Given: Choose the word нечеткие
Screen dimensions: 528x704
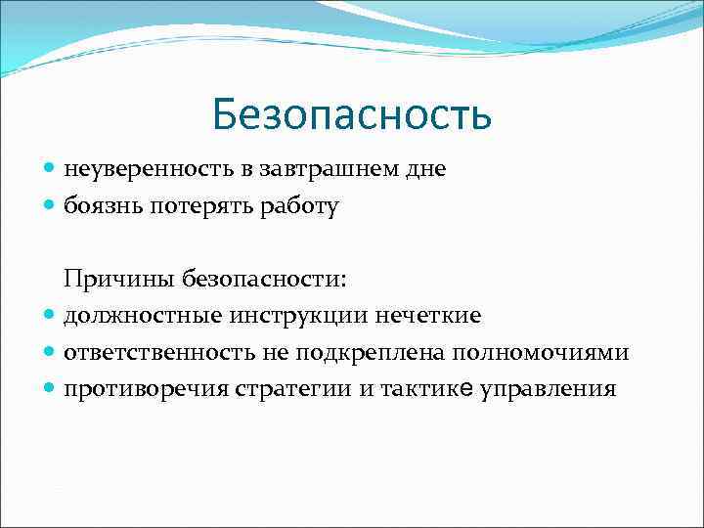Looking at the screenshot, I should (431, 316).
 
